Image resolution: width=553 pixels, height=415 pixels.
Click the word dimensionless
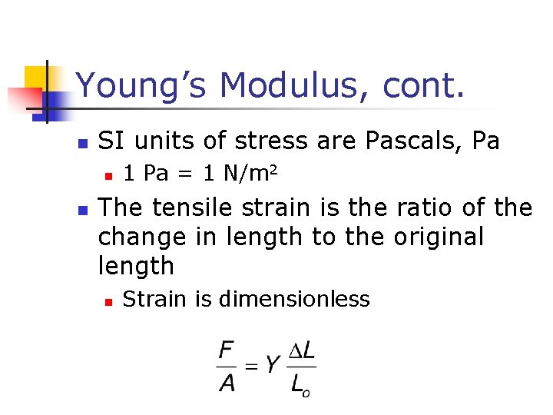click(294, 298)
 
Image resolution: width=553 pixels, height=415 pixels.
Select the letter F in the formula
click(227, 352)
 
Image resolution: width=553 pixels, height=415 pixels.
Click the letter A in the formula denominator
click(227, 382)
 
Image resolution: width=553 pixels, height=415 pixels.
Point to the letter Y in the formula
click(273, 366)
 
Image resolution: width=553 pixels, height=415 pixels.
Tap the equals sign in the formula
click(251, 367)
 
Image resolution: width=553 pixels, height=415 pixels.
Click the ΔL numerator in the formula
click(303, 351)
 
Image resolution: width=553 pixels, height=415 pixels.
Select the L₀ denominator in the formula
click(300, 383)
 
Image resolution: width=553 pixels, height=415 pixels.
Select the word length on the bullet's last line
click(136, 266)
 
